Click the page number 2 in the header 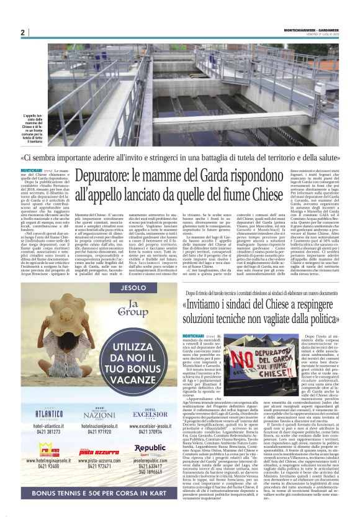(22, 32)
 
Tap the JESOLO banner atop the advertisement (88, 288)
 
